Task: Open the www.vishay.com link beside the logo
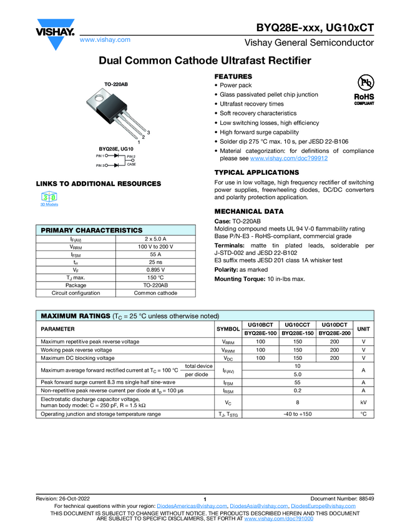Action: [105, 40]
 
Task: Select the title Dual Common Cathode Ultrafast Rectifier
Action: [205, 61]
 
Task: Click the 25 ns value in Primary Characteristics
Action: [155, 262]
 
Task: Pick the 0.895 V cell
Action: [155, 269]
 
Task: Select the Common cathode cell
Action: [155, 292]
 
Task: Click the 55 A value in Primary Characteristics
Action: [155, 254]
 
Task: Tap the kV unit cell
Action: [363, 402]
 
